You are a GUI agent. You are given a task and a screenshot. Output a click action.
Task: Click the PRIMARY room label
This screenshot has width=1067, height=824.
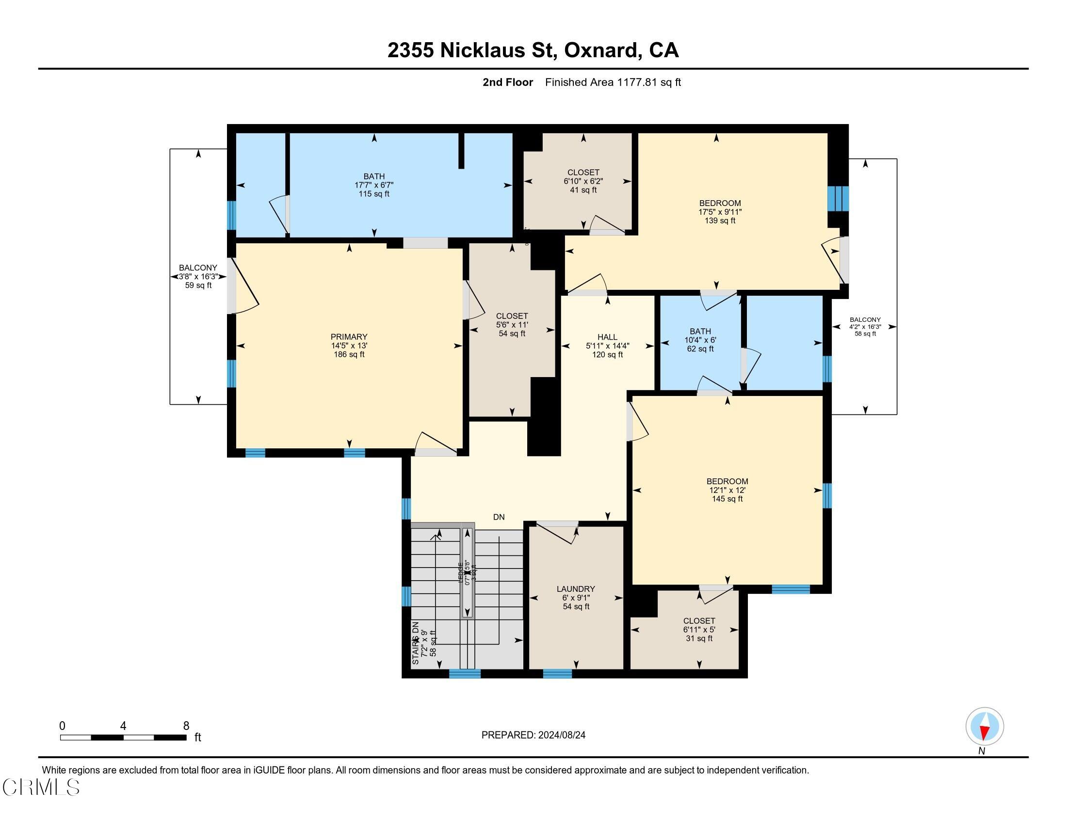349,337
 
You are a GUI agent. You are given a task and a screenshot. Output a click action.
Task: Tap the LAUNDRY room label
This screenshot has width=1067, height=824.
576,589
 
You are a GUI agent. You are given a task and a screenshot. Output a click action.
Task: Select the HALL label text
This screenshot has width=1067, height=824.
607,337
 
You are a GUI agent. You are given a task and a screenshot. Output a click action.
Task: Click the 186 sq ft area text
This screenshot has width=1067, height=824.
349,354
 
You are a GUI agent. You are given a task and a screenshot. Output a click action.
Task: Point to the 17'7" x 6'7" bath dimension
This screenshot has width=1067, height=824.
374,185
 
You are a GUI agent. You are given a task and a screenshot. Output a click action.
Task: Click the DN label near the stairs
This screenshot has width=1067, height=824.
498,517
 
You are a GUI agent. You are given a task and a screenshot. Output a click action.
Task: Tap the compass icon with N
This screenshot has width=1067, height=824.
984,727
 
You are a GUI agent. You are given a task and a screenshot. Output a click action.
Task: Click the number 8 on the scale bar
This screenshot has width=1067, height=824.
186,726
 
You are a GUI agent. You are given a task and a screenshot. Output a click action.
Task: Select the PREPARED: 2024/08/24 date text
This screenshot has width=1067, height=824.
533,735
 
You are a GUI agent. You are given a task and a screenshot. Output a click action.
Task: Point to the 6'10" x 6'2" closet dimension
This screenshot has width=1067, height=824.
583,181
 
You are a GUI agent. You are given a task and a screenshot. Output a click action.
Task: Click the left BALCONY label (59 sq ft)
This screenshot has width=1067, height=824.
198,268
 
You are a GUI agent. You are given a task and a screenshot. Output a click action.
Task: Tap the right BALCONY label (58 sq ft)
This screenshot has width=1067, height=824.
865,320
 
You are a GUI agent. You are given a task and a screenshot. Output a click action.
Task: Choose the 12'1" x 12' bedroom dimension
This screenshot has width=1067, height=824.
727,490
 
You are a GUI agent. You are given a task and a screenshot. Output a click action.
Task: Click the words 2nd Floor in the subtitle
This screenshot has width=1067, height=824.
507,82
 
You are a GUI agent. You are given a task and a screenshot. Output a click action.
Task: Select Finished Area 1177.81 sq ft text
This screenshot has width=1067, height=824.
613,82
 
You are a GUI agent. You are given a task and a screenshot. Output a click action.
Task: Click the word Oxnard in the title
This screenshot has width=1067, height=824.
601,50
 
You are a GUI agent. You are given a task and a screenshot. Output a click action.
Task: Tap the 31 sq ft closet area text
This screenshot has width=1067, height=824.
698,638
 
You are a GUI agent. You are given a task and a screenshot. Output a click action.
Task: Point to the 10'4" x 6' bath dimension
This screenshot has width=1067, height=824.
700,340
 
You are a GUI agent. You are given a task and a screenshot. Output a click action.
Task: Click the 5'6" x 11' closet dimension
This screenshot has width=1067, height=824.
512,325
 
